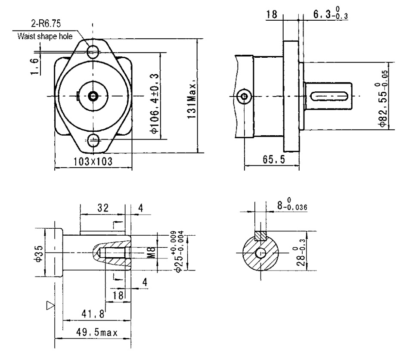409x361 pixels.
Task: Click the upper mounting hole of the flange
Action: [93, 53]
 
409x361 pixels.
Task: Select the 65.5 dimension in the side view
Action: [274, 160]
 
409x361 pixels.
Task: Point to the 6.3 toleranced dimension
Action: [330, 15]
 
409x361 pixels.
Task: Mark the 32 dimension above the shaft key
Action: [102, 208]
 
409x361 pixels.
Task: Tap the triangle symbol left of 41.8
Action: [51, 305]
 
